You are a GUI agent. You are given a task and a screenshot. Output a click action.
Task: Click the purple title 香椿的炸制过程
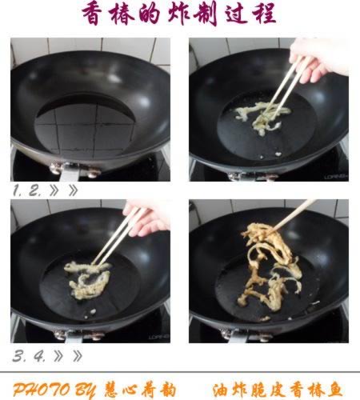coord(179,15)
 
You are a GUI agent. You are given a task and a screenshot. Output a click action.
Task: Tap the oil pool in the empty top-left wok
coord(84,120)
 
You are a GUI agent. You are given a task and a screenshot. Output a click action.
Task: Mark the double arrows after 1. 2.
coord(64,191)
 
